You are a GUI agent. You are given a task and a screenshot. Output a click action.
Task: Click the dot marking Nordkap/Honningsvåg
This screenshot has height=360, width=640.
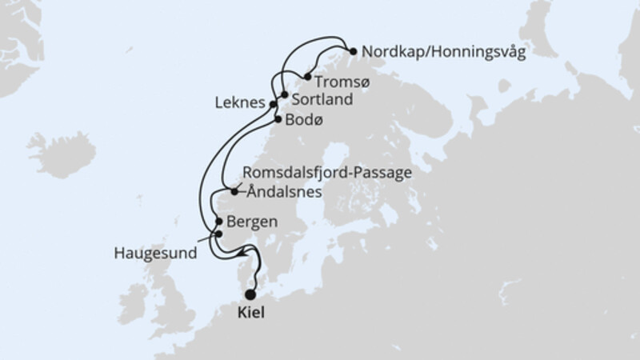[x=353, y=52]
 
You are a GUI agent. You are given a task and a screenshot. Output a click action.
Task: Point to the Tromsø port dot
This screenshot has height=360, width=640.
[x=307, y=78]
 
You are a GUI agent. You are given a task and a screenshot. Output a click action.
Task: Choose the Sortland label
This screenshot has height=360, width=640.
[x=319, y=101]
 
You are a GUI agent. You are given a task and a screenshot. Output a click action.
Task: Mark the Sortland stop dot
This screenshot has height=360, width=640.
[x=284, y=95]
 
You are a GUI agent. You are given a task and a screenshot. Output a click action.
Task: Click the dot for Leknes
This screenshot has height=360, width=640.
[x=274, y=104]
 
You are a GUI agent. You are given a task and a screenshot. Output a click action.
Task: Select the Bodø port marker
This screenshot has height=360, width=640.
[x=278, y=120]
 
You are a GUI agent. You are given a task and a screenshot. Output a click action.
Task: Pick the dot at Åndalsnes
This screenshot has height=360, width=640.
[x=234, y=191]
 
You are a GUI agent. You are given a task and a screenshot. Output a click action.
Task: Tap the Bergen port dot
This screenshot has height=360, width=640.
[x=218, y=221]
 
